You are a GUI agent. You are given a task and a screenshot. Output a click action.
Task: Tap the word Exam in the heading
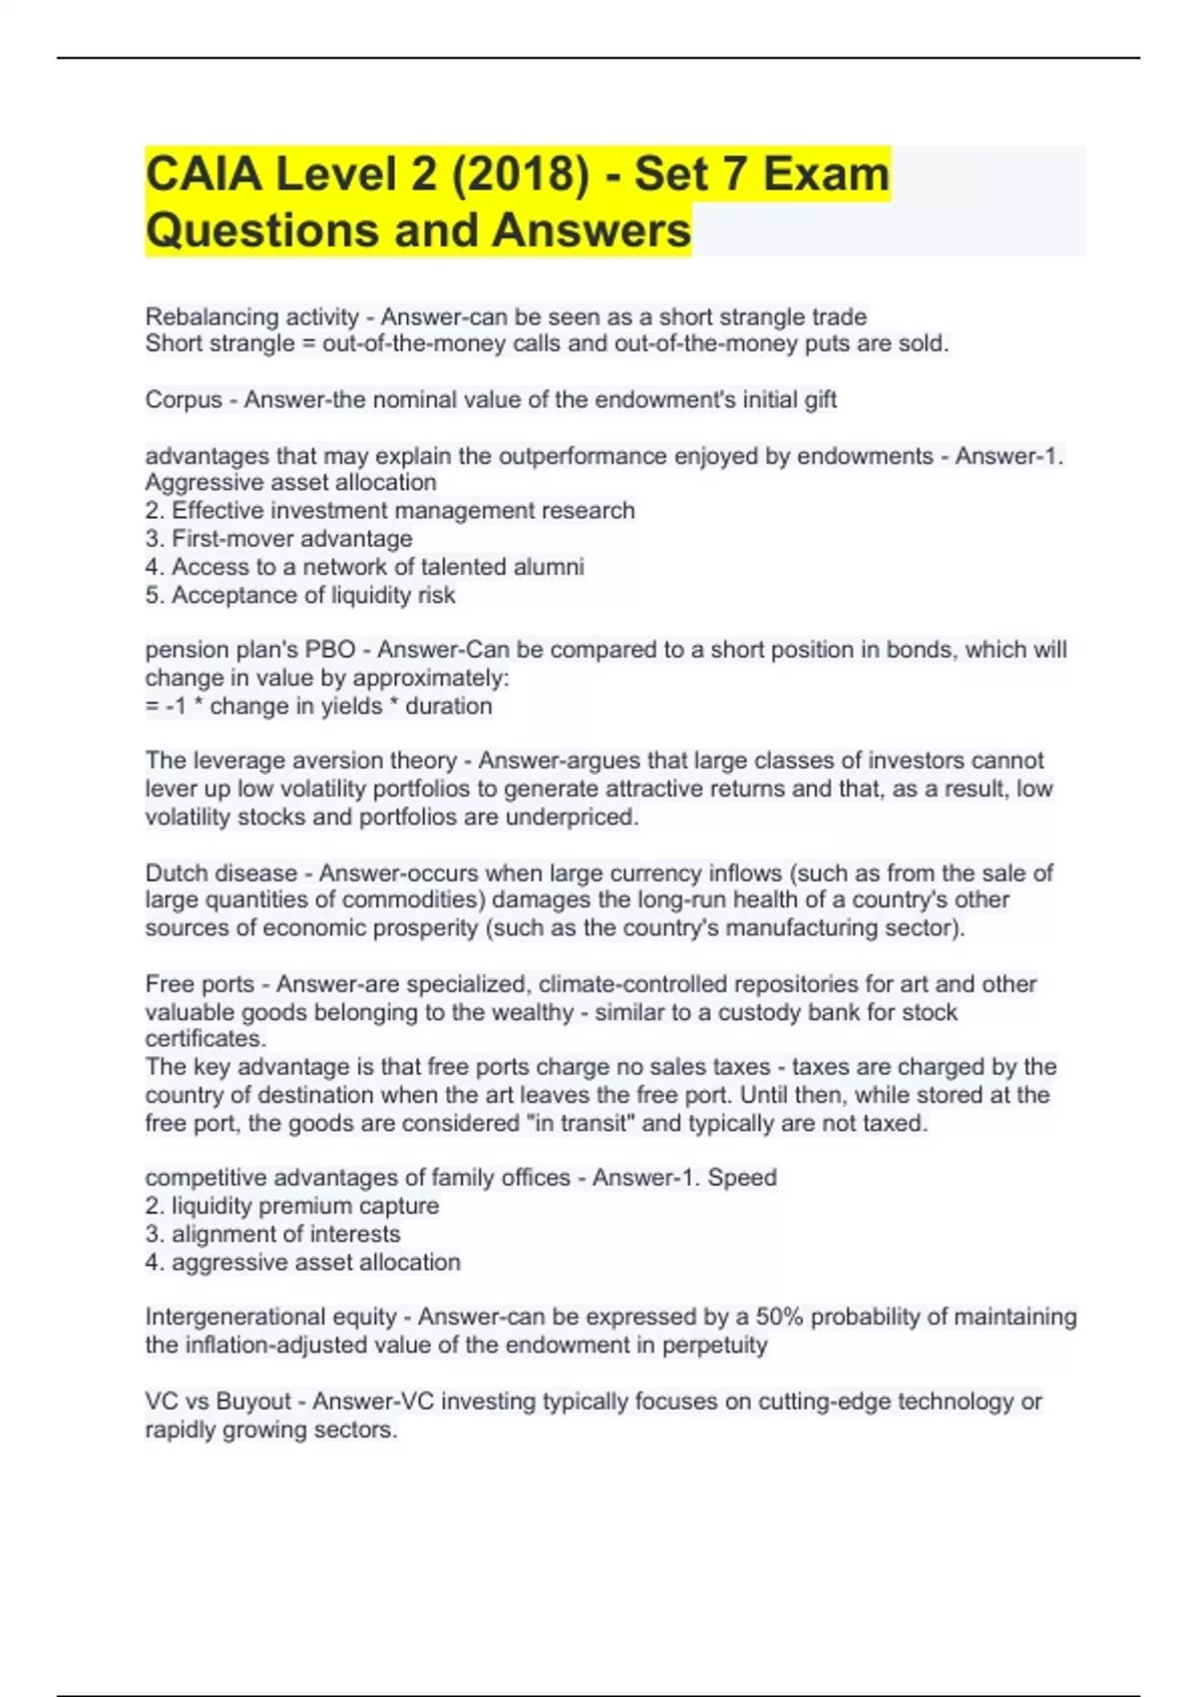pyautogui.click(x=826, y=174)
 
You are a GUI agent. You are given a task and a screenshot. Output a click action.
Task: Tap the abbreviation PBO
pyautogui.click(x=329, y=650)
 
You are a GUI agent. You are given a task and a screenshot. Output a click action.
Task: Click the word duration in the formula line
pyautogui.click(x=448, y=707)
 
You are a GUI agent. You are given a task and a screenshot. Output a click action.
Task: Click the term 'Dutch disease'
pyautogui.click(x=221, y=873)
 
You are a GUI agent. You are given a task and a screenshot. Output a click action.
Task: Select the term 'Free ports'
pyautogui.click(x=199, y=984)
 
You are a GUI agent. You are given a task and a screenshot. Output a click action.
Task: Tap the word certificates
pyautogui.click(x=205, y=1039)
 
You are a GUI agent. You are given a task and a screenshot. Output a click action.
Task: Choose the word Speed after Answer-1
pyautogui.click(x=742, y=1178)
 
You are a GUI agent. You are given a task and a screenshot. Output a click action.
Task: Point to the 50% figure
pyautogui.click(x=780, y=1318)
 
